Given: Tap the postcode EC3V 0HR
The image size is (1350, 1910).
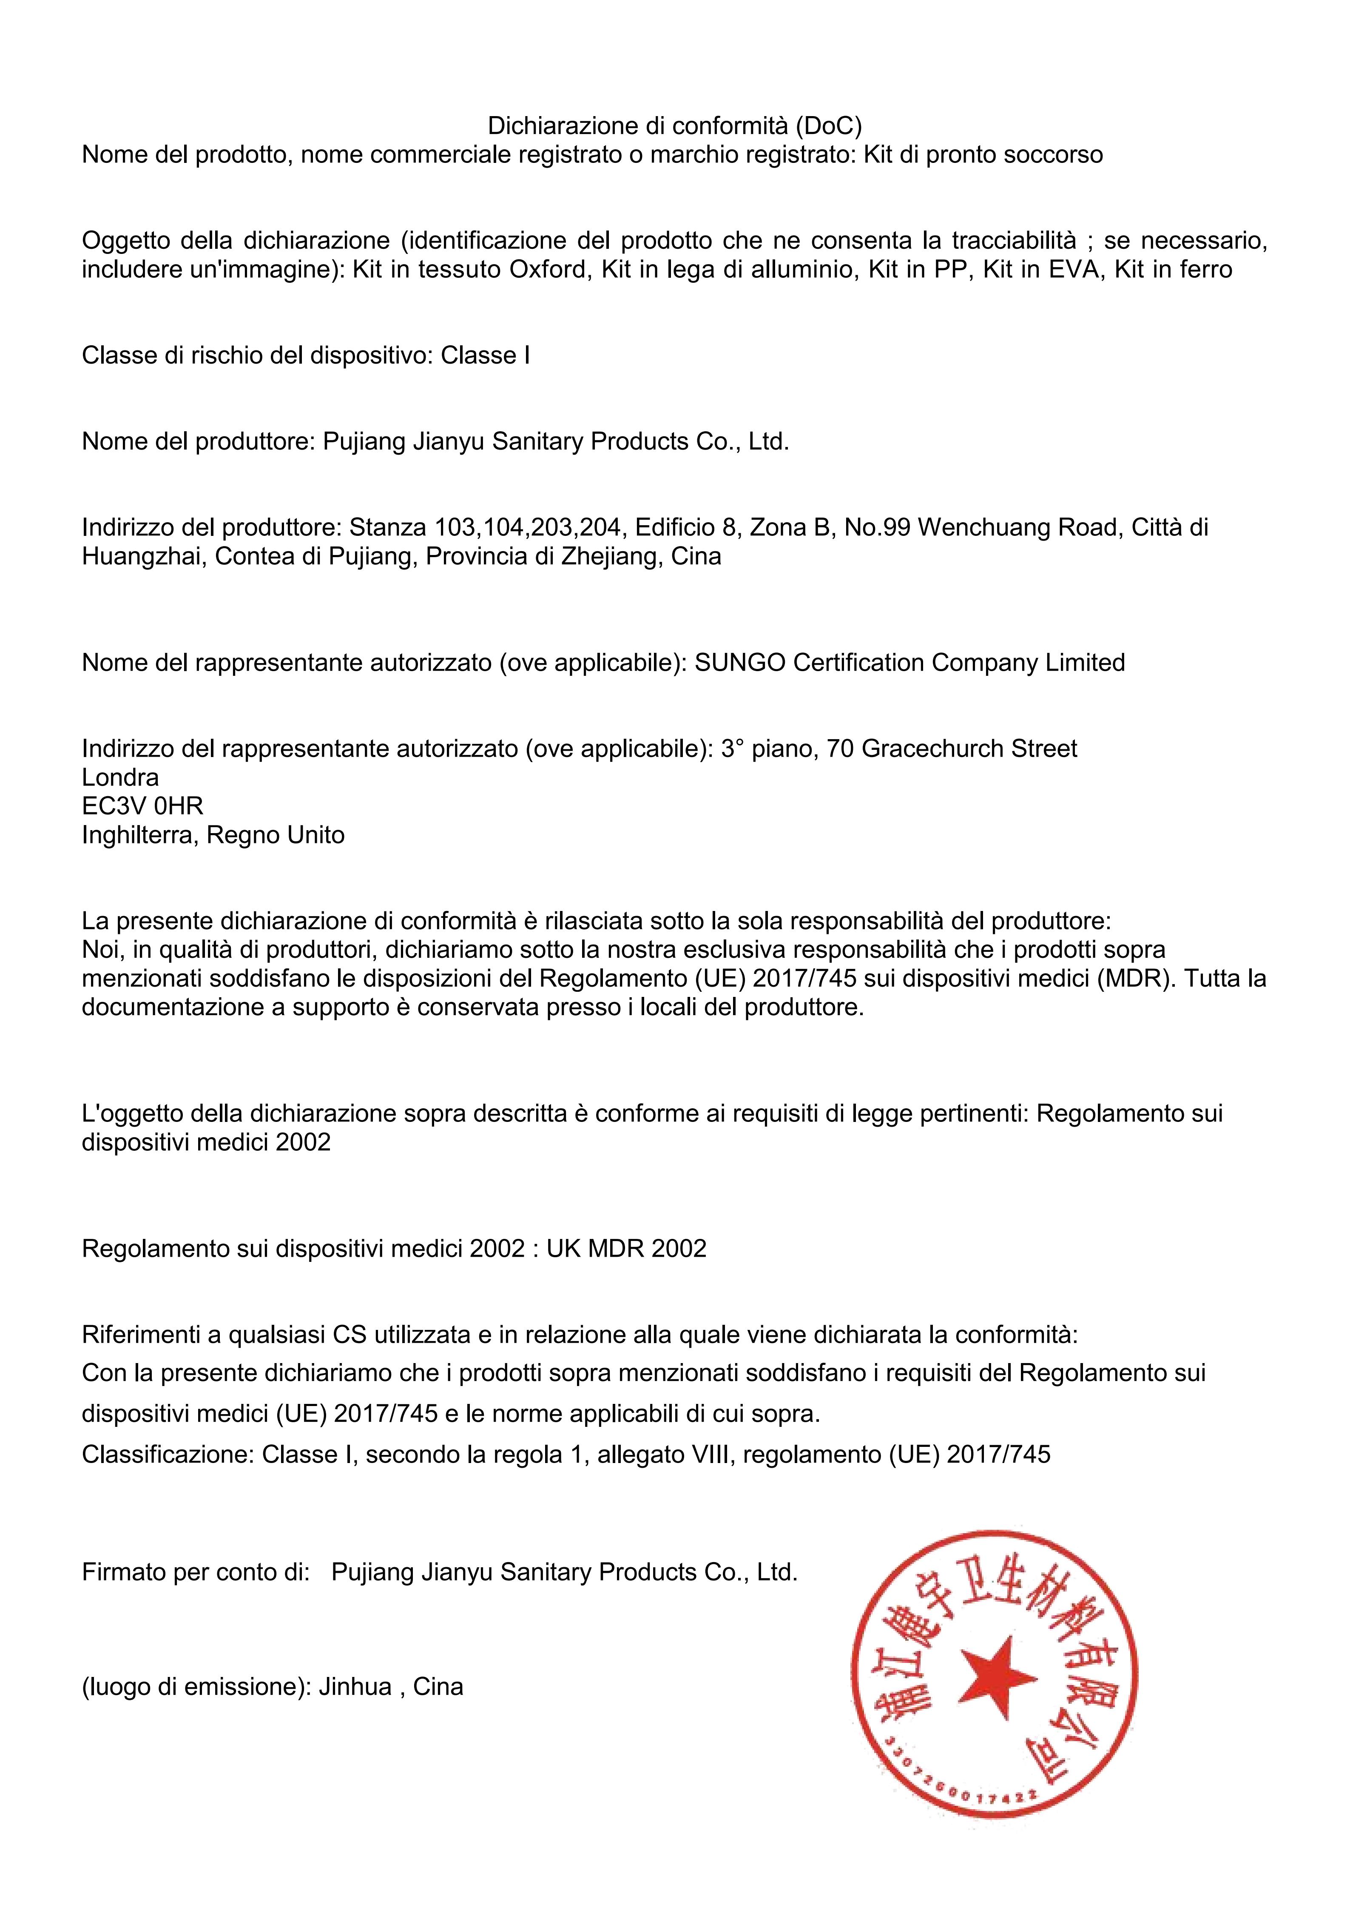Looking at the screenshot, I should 142,806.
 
